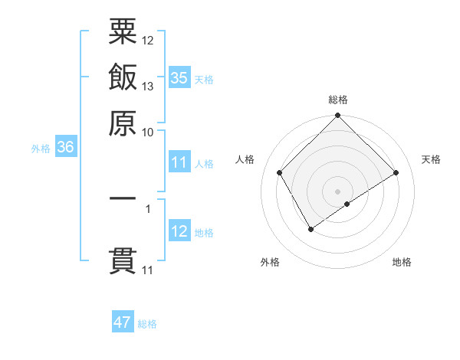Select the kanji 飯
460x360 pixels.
click(123, 77)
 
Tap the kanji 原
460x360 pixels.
click(123, 123)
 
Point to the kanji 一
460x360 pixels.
click(123, 198)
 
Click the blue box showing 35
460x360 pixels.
click(179, 78)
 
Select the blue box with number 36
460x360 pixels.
click(65, 148)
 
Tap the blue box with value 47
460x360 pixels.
click(123, 322)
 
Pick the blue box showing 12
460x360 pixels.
click(179, 232)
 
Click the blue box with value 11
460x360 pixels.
click(179, 162)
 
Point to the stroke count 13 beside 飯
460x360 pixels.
click(148, 86)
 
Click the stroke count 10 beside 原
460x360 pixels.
click(148, 132)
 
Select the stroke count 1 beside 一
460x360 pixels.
click(148, 207)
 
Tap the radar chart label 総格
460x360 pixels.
click(337, 100)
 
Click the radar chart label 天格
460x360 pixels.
click(432, 159)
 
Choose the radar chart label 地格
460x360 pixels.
click(402, 262)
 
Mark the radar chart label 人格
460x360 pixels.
click(245, 159)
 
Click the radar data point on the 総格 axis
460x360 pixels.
click(337, 116)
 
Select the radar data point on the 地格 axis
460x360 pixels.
click(347, 204)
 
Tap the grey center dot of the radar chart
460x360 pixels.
click(337, 191)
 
